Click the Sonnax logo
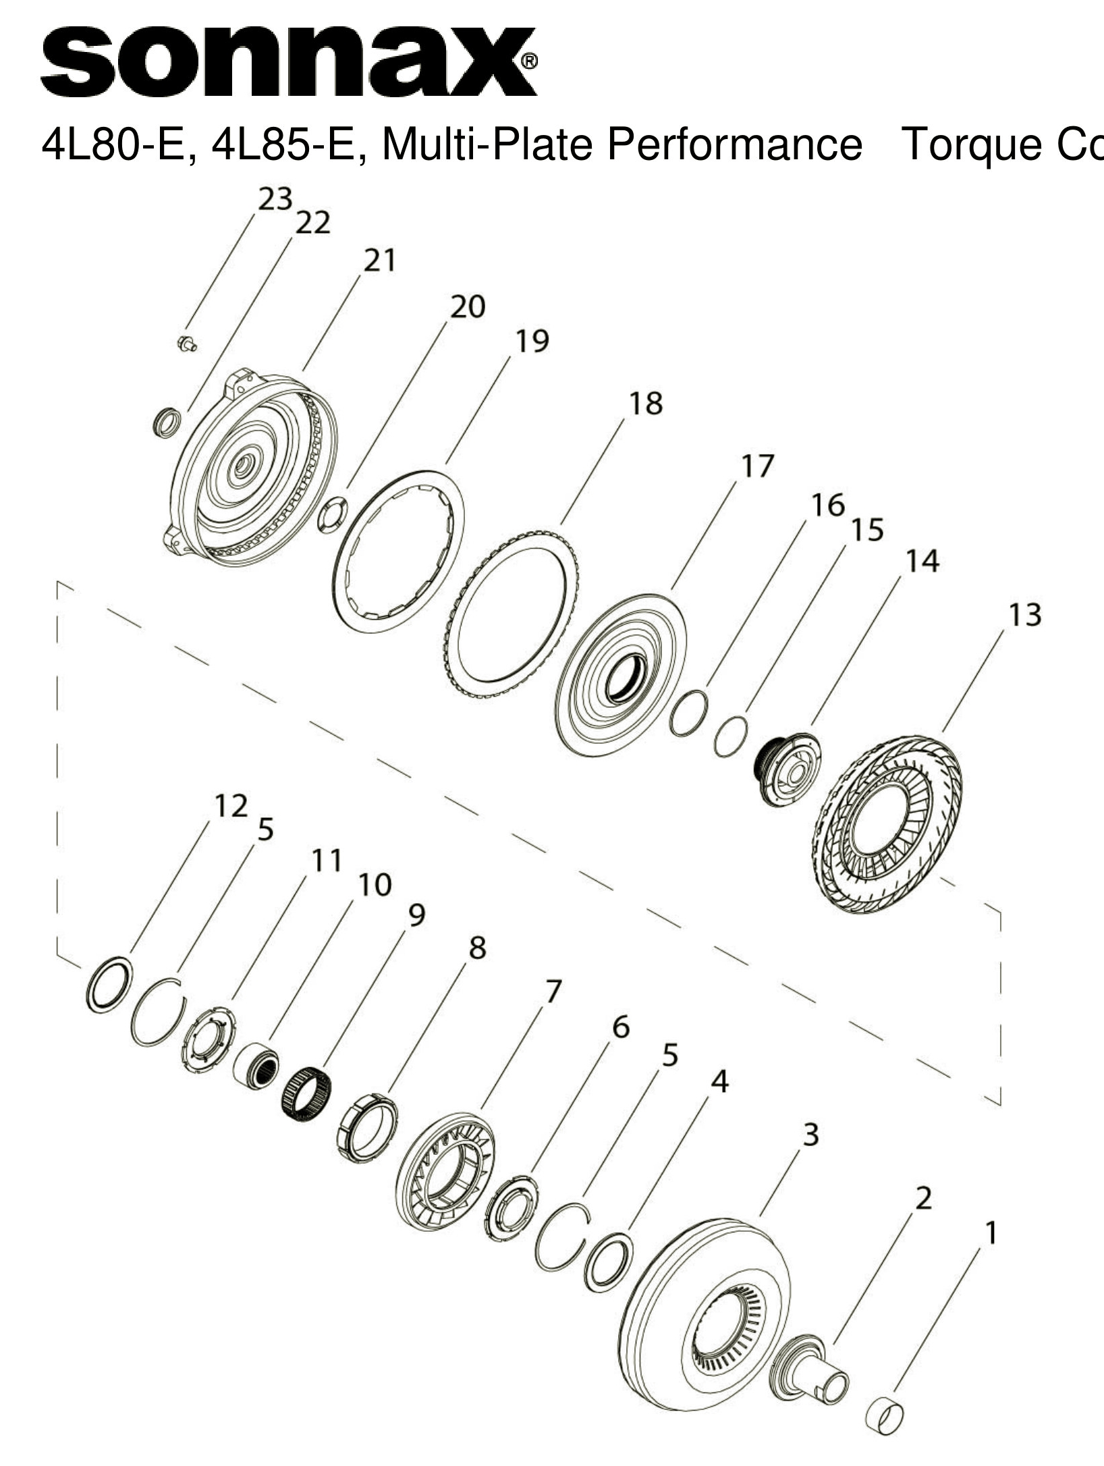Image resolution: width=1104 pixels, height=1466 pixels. [x=289, y=62]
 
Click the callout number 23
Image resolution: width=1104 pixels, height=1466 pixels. [x=275, y=199]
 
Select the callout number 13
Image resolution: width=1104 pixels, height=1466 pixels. [x=1024, y=616]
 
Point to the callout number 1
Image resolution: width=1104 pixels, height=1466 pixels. [x=991, y=1233]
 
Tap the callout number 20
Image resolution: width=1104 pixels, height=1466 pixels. [x=468, y=307]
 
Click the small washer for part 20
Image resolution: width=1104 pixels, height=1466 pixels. [x=332, y=514]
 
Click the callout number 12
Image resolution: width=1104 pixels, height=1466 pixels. [x=231, y=806]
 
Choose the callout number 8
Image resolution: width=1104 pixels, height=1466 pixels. [x=477, y=948]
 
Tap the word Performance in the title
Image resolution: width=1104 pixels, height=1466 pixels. [x=734, y=144]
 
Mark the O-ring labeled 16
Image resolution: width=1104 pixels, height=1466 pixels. [x=689, y=713]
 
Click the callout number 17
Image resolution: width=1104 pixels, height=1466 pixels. [x=757, y=466]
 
